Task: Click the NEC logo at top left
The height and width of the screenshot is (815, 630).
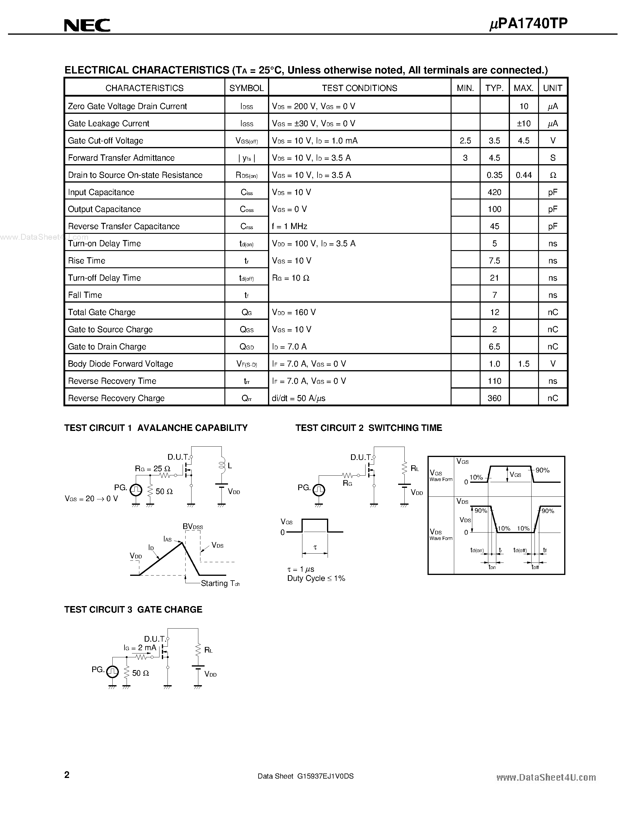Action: (x=87, y=25)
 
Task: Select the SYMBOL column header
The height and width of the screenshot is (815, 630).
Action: (x=246, y=88)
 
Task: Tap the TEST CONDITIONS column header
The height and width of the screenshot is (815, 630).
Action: (x=359, y=88)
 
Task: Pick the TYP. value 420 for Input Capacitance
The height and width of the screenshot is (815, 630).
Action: (x=494, y=192)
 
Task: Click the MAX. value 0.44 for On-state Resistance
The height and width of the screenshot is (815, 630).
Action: (x=523, y=175)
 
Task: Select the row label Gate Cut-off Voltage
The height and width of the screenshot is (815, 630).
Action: (x=106, y=141)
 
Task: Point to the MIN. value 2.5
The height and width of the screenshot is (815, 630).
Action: (x=465, y=141)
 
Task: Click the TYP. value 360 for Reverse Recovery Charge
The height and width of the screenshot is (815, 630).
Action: (x=494, y=398)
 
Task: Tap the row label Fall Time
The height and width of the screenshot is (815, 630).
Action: (x=85, y=295)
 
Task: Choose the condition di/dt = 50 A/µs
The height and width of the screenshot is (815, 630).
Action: (x=299, y=398)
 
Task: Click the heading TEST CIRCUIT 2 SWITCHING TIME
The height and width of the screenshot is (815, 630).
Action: (x=369, y=428)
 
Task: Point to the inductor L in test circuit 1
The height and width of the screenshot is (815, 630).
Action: (x=222, y=465)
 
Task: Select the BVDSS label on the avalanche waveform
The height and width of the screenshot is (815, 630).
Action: (x=193, y=527)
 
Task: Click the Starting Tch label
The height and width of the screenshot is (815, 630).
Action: (x=220, y=583)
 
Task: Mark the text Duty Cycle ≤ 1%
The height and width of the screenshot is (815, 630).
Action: (x=316, y=579)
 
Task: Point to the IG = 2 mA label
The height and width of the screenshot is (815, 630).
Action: (x=140, y=648)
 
